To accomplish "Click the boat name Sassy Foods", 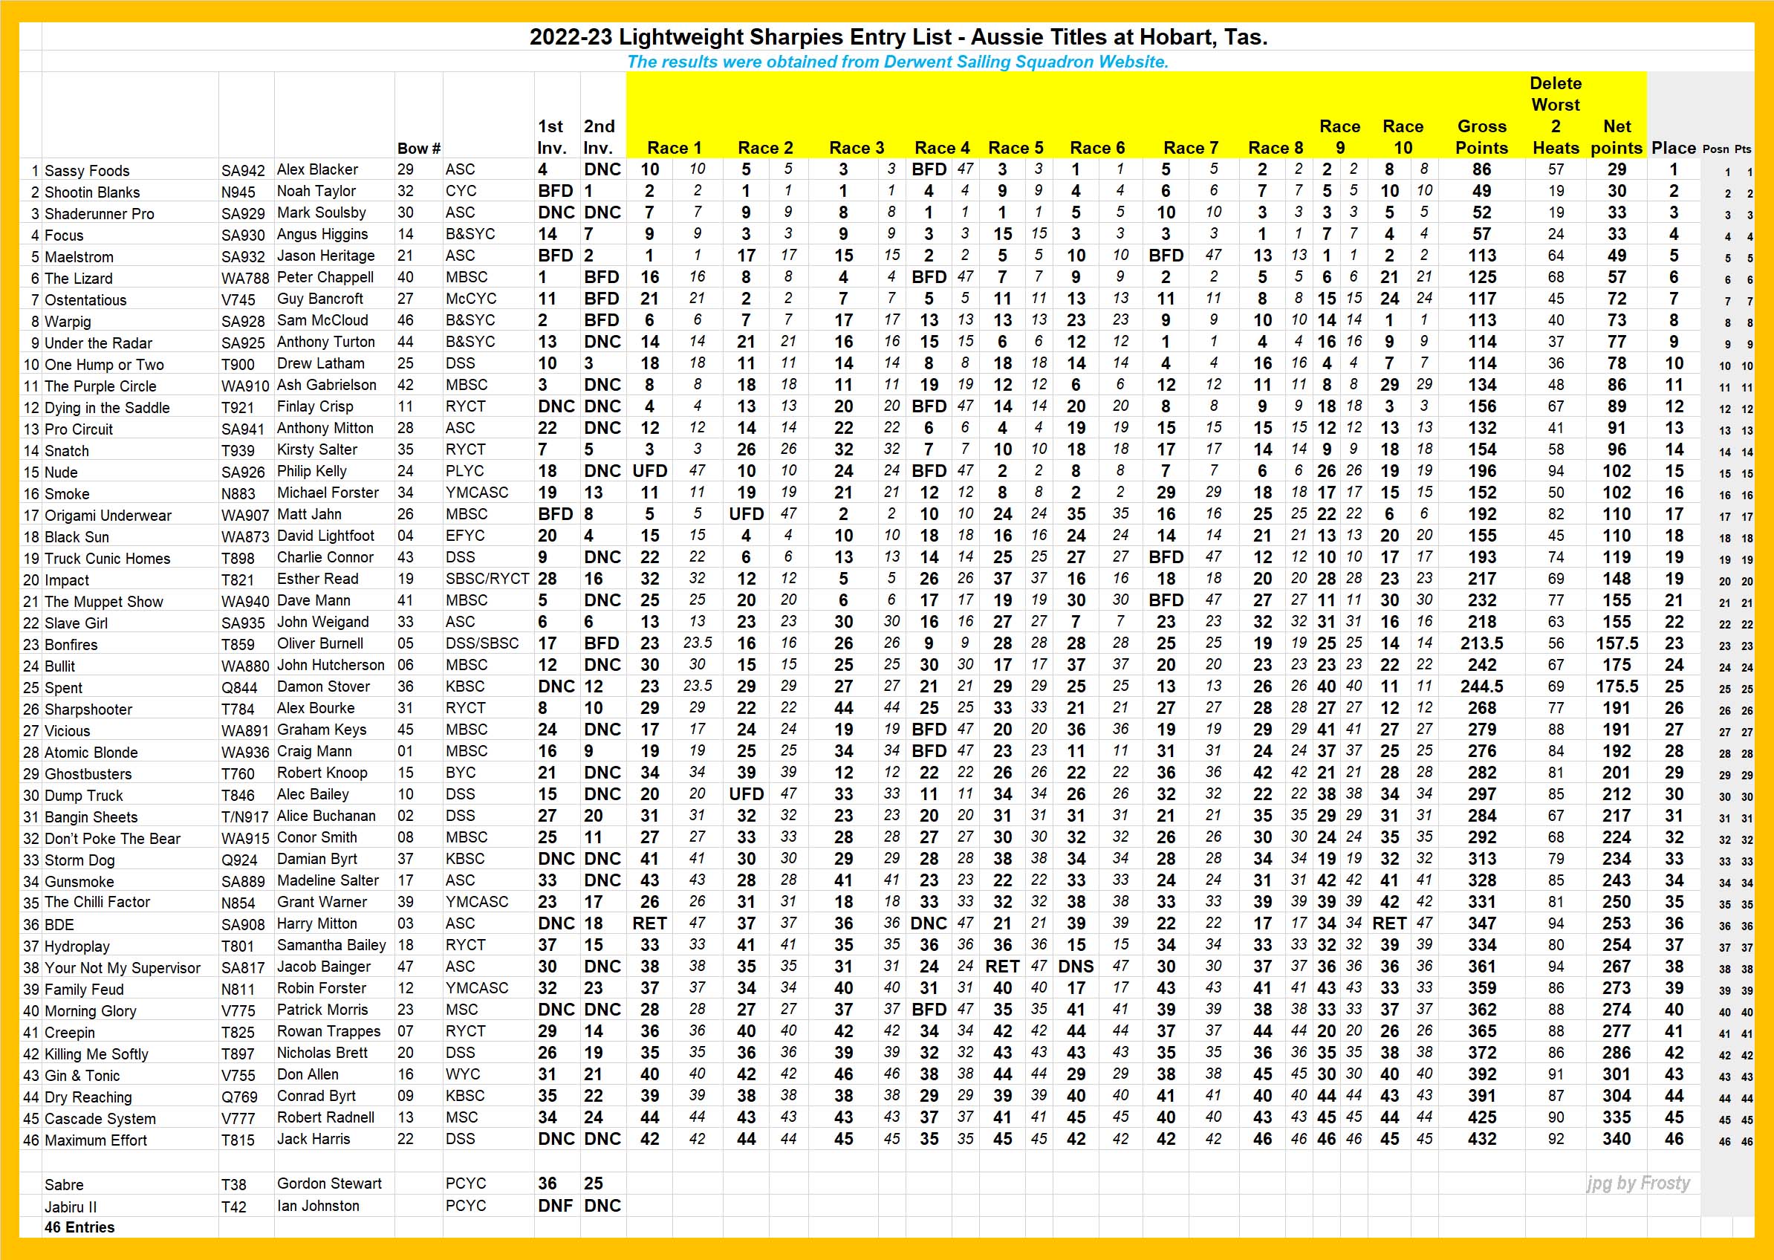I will tap(87, 171).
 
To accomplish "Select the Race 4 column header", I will tap(942, 148).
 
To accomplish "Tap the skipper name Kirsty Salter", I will tap(316, 449).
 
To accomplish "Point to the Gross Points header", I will tap(1481, 137).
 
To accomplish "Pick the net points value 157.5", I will tap(1617, 643).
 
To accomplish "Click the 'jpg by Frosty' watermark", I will tap(1637, 1183).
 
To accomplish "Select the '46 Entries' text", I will tap(79, 1227).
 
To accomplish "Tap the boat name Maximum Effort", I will tap(95, 1140).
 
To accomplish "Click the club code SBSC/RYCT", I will tap(487, 579).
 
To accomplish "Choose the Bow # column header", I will tap(418, 148).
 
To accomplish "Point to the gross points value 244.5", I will tap(1481, 686).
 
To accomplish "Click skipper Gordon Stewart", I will tap(329, 1183).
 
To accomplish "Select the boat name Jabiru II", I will tap(71, 1207).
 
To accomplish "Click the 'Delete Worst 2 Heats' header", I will tap(1556, 116).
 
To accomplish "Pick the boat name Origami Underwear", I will tap(108, 516).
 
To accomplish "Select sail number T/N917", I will tap(245, 817).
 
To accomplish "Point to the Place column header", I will tap(1673, 148).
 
